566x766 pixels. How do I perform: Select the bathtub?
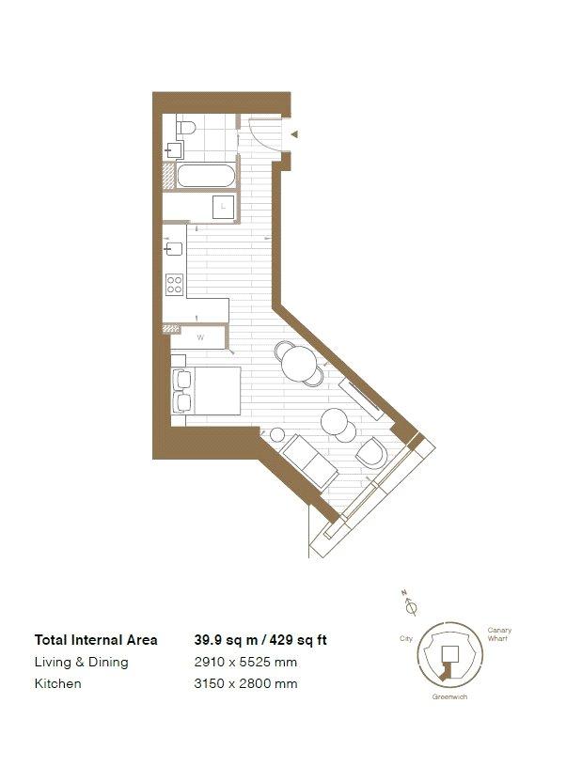[205, 176]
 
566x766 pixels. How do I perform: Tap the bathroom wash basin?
[175, 150]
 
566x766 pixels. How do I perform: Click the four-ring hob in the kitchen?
[175, 285]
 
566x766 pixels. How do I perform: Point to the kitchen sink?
[174, 249]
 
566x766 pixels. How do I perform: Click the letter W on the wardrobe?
[200, 337]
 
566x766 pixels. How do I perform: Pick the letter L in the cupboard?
[223, 207]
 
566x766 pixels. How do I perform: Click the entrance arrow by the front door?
[294, 134]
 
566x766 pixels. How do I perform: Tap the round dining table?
[299, 364]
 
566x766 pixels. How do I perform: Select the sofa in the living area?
[310, 462]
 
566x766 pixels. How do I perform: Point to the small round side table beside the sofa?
[277, 435]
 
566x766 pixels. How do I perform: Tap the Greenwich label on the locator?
[449, 696]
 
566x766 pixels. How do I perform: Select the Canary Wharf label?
[499, 634]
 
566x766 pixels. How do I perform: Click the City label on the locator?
[406, 638]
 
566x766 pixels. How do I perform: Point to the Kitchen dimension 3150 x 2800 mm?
[245, 683]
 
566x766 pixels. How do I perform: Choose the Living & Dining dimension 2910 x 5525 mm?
[245, 662]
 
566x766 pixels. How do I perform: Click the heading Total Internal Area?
[96, 640]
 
